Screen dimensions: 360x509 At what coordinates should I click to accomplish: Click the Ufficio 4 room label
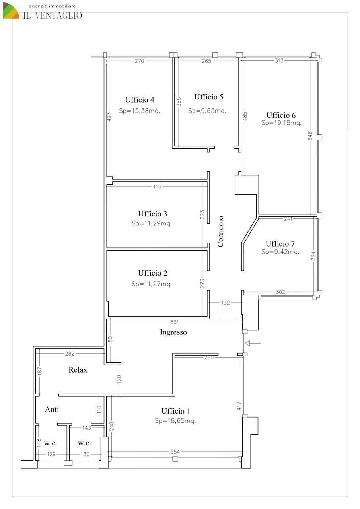tap(140, 99)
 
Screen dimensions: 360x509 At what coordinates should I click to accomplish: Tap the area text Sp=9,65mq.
tap(207, 111)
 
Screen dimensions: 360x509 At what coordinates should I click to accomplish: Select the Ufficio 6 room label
tap(281, 115)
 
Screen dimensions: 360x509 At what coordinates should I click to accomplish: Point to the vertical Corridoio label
tap(220, 231)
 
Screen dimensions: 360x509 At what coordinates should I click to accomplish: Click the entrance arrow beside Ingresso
tap(253, 343)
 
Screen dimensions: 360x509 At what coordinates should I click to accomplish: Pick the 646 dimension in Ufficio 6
tap(310, 136)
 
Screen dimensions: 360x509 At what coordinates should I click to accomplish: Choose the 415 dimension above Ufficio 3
tap(157, 187)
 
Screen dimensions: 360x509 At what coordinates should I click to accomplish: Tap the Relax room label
tap(78, 370)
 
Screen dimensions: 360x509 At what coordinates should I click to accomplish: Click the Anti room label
tap(52, 410)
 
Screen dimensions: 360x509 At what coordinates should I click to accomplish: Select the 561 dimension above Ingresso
tap(175, 322)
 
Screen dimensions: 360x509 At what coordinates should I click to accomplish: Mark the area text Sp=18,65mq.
tap(175, 421)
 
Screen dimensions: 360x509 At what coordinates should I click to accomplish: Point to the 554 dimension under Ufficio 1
tap(175, 452)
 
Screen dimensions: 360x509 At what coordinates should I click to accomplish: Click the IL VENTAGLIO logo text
tap(53, 15)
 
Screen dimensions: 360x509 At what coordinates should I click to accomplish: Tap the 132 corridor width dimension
tap(225, 303)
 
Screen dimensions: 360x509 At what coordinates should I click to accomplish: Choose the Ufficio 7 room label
tap(280, 244)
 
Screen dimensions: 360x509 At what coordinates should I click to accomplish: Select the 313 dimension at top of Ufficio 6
tap(279, 61)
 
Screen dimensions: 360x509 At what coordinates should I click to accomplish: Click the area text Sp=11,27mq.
tap(152, 284)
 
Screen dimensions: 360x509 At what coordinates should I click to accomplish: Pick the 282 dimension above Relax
tap(70, 354)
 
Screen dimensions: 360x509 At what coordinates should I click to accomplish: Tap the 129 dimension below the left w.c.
tap(51, 454)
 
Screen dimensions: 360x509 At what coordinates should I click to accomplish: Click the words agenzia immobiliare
tap(52, 6)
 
